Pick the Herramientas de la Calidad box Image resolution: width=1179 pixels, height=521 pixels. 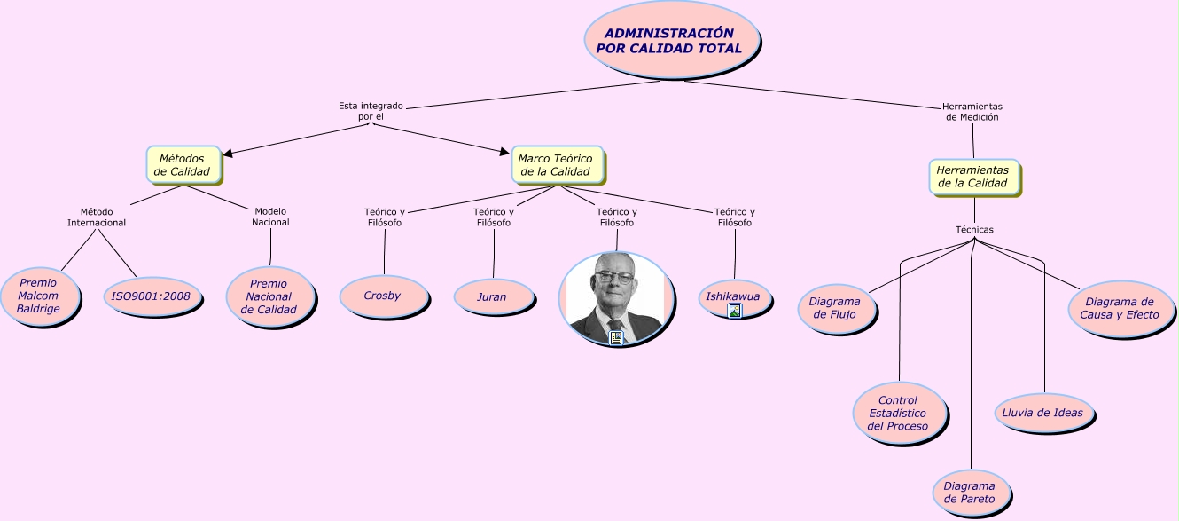tap(972, 177)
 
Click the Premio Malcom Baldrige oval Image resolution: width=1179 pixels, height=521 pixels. tap(38, 296)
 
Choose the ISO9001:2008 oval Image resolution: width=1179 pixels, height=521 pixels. tap(151, 296)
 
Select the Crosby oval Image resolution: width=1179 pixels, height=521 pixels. tap(382, 296)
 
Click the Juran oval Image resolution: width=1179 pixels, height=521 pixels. tap(492, 296)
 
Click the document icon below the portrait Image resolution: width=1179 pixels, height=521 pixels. tap(615, 337)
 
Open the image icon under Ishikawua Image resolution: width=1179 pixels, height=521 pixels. tap(734, 311)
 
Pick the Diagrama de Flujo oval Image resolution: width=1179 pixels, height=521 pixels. tap(834, 308)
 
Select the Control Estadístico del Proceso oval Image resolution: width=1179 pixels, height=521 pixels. tap(898, 413)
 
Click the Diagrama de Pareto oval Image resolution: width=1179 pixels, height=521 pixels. tap(969, 493)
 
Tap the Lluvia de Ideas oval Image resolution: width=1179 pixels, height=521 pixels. tap(1042, 412)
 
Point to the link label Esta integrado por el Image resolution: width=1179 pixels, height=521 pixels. tap(371, 111)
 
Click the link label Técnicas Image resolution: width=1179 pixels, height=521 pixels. tap(974, 229)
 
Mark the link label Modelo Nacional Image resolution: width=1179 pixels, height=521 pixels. tap(270, 217)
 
